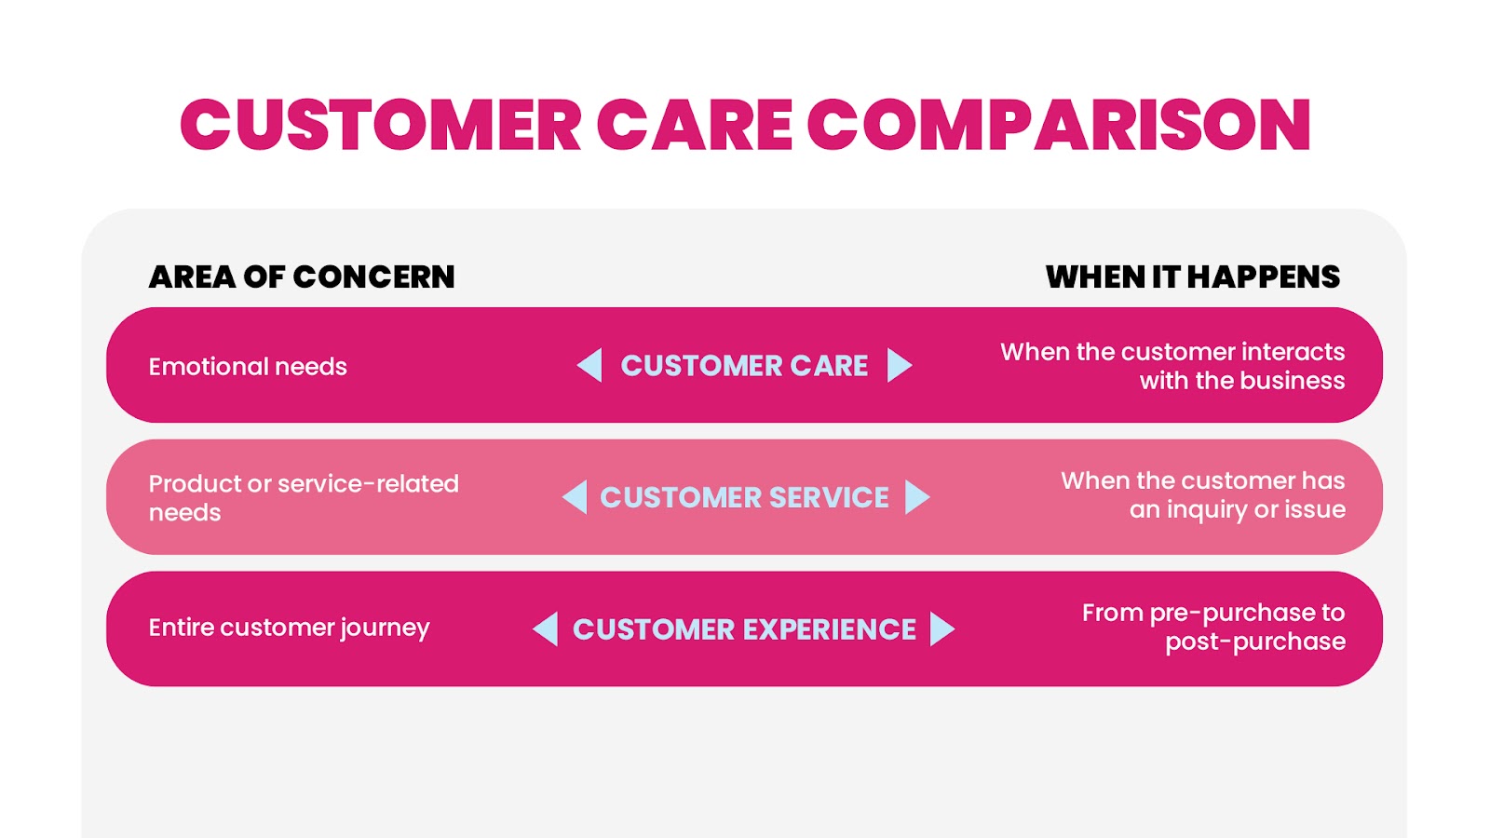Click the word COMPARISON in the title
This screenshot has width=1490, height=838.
1059,125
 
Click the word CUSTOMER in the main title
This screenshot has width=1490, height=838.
381,125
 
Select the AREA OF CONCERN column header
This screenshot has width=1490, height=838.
302,277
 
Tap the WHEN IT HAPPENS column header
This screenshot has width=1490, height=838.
1193,277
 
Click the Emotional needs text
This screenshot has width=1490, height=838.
248,367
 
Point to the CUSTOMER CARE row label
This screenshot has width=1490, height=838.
744,366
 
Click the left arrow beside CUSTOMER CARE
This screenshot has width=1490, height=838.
589,365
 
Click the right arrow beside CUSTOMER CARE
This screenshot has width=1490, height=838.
900,365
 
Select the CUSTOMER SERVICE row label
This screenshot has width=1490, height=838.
744,497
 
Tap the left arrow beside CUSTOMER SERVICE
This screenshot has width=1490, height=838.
575,497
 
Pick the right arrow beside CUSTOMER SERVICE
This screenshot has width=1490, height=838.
917,497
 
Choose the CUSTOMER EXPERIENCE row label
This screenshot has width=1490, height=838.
744,629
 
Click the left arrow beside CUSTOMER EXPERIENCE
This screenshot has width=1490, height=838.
546,628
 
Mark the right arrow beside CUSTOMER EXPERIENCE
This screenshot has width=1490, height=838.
942,628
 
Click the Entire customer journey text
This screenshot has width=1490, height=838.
290,628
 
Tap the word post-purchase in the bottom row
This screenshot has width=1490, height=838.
1255,642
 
